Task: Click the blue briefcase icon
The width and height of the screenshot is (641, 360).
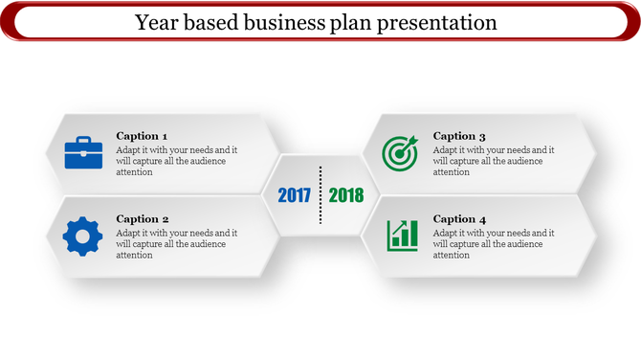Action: [x=83, y=153]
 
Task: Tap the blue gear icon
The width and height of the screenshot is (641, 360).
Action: [x=82, y=236]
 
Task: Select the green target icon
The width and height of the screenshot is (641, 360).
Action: [x=400, y=153]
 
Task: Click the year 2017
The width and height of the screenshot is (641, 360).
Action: [x=294, y=195]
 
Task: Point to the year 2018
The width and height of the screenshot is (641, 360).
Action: [x=346, y=195]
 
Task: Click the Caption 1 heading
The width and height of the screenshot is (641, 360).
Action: [x=142, y=136]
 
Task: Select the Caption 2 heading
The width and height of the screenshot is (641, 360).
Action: [x=143, y=219]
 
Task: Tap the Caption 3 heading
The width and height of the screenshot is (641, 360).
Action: [x=459, y=136]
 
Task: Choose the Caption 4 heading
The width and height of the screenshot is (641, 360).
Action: [x=459, y=219]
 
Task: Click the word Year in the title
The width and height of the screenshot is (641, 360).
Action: [x=156, y=21]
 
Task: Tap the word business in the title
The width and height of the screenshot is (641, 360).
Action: [x=284, y=21]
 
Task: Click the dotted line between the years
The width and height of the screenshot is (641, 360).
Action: [x=320, y=195]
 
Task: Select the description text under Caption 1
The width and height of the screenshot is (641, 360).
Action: [x=177, y=161]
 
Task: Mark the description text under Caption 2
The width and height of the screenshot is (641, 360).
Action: [x=177, y=244]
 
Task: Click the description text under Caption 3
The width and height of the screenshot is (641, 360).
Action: [x=494, y=161]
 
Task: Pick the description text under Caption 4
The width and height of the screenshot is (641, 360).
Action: [x=494, y=244]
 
